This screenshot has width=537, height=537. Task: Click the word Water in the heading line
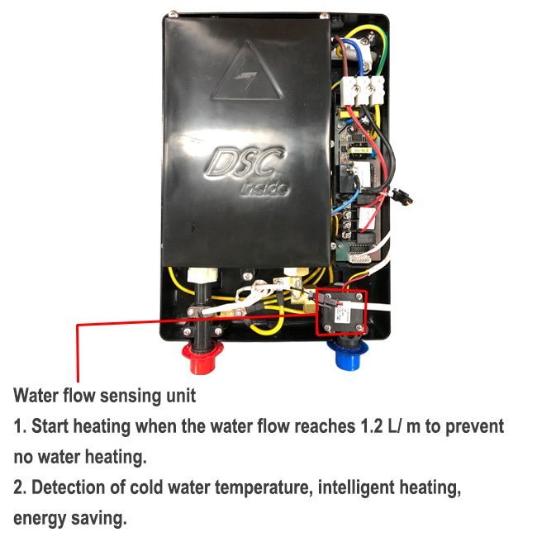click(x=36, y=395)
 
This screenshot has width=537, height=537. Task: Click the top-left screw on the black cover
click(x=173, y=16)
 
